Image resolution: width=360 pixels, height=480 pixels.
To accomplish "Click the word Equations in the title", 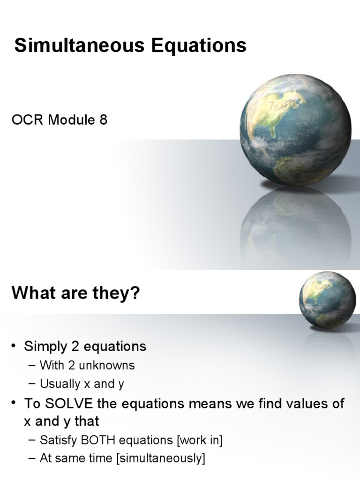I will (198, 46).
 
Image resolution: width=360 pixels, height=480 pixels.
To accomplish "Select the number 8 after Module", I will (103, 120).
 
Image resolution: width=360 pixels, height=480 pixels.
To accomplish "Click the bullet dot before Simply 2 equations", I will (15, 347).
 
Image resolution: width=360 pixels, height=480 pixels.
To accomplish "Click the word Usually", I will (60, 384).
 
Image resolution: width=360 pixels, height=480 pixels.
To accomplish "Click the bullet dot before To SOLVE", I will (15, 404).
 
